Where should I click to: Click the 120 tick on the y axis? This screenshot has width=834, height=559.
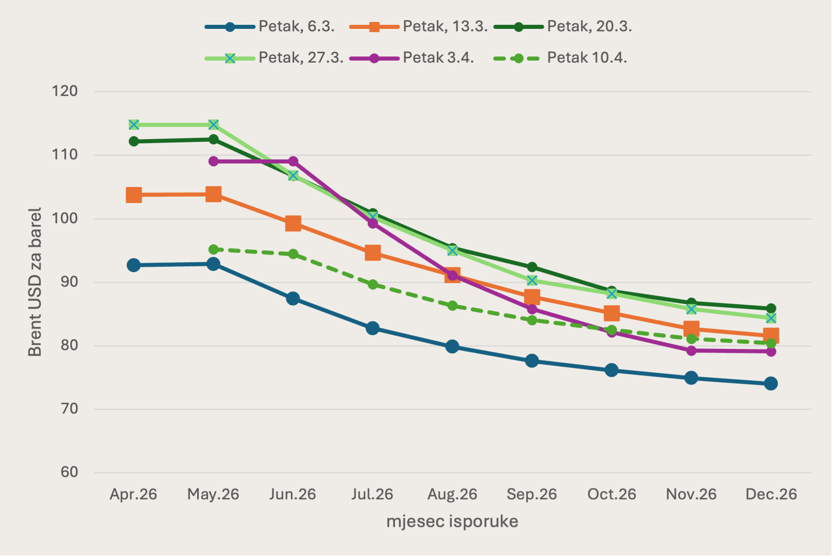click(x=65, y=91)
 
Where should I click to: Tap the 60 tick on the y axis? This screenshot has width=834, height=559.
click(x=69, y=472)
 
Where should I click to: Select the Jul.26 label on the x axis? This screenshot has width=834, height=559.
click(x=372, y=494)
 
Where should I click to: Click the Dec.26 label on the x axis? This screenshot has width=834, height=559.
click(x=771, y=494)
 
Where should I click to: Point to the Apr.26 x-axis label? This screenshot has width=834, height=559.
click(x=133, y=494)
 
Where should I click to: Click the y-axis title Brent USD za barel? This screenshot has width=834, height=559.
click(x=35, y=282)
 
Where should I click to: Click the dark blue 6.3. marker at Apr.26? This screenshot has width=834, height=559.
click(x=134, y=265)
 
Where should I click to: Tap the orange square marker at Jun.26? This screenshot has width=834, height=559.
click(x=293, y=223)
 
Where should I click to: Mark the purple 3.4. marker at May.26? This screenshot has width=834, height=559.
click(x=213, y=161)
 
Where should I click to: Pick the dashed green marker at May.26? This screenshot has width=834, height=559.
click(x=213, y=249)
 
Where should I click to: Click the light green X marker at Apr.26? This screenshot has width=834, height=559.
click(x=134, y=124)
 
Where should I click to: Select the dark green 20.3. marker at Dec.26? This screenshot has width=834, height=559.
click(x=771, y=308)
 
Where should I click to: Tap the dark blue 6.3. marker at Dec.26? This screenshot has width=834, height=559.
click(x=771, y=383)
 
